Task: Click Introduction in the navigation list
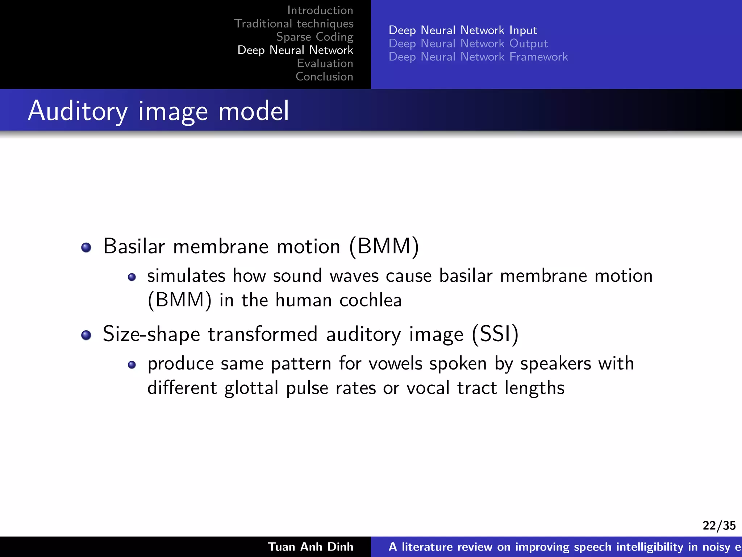coord(320,11)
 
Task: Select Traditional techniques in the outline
coord(294,24)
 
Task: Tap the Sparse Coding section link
coord(314,37)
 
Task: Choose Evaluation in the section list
coord(325,63)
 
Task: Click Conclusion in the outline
coord(324,77)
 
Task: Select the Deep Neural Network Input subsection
coord(463,30)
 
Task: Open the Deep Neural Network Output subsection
coord(468,44)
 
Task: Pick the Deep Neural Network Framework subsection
coord(478,57)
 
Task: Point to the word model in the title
coord(254,111)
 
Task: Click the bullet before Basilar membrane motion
coord(86,247)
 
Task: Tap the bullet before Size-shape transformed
coord(86,335)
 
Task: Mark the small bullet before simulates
coord(132,277)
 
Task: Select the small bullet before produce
coord(132,365)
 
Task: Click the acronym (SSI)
coord(495,334)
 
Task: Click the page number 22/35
coord(719,525)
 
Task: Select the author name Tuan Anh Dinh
coord(310,547)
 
